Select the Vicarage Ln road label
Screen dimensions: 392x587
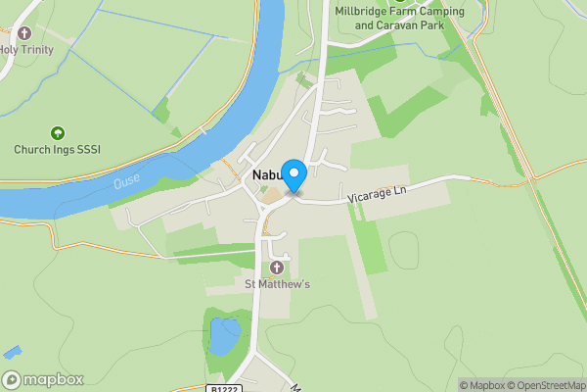(377, 195)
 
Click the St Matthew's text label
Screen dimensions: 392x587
(277, 285)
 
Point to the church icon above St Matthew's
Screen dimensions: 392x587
(277, 268)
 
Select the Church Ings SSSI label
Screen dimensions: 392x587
(57, 150)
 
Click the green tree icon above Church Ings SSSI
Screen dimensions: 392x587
(57, 132)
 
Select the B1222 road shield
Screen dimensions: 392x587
(223, 387)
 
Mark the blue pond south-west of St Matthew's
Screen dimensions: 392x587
(224, 335)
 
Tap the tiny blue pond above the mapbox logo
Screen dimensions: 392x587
(13, 351)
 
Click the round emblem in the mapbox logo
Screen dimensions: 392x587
(12, 380)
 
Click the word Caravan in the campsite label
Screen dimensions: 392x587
(404, 25)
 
